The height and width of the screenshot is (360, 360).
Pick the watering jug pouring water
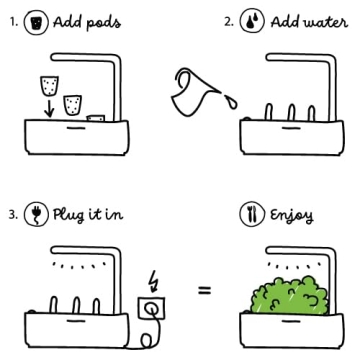(191, 91)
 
